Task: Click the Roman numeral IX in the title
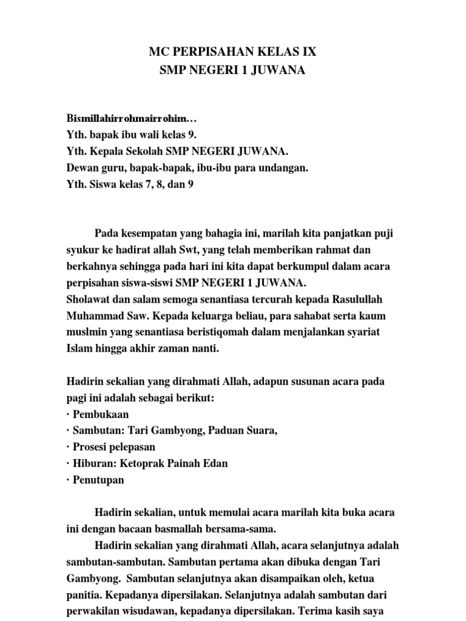click(x=308, y=53)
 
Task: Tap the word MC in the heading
click(x=159, y=53)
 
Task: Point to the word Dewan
click(x=81, y=168)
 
